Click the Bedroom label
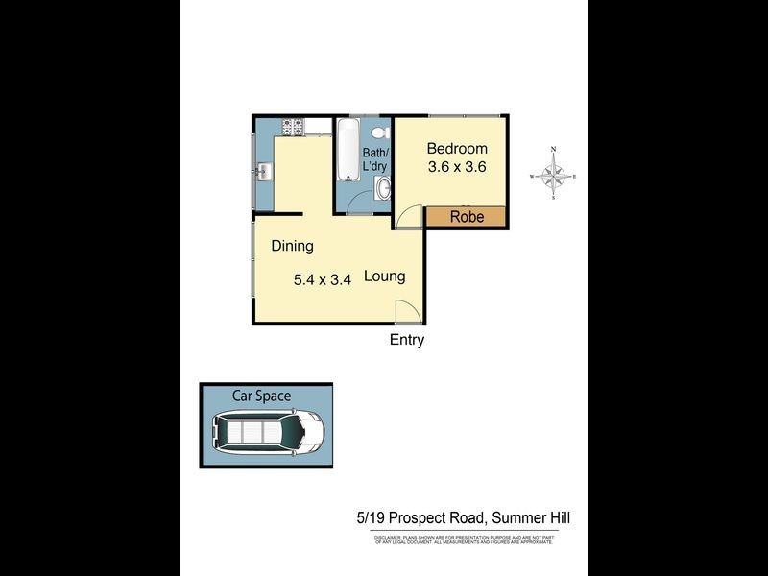457,149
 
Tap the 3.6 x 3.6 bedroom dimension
457,166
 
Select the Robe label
467,217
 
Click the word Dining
292,246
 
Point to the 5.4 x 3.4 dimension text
323,280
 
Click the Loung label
384,276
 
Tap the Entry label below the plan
406,340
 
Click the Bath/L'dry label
374,159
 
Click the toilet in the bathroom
380,133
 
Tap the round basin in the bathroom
384,187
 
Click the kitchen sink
264,173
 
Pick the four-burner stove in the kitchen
292,126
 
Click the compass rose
554,175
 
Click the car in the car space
268,431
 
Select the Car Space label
261,396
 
